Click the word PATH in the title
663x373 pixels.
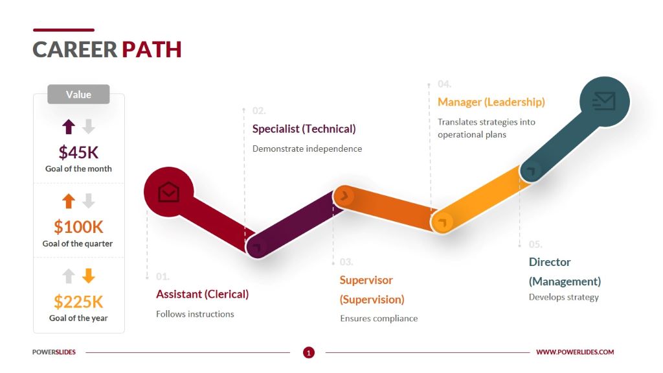coord(152,49)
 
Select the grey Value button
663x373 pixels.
coord(78,95)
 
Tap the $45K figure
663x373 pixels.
coord(78,152)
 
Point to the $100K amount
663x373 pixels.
coord(78,227)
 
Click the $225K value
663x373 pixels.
coord(78,302)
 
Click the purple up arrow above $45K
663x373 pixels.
coord(69,126)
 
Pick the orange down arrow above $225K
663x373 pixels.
coord(89,276)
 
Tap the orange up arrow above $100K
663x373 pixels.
coord(69,202)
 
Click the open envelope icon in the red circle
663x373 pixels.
coord(168,192)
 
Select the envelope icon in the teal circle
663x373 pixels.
coord(604,101)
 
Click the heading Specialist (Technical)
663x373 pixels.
coord(304,128)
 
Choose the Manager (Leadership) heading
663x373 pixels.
coord(491,102)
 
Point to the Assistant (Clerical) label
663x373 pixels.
coord(202,294)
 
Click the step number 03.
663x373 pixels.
coord(346,262)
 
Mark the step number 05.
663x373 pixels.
coord(535,245)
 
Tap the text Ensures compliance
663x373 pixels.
coord(379,319)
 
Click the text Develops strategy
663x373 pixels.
coord(563,297)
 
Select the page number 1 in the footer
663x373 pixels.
coord(309,353)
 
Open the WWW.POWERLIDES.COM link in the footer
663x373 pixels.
coord(575,352)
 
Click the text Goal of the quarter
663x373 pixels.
coord(78,244)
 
